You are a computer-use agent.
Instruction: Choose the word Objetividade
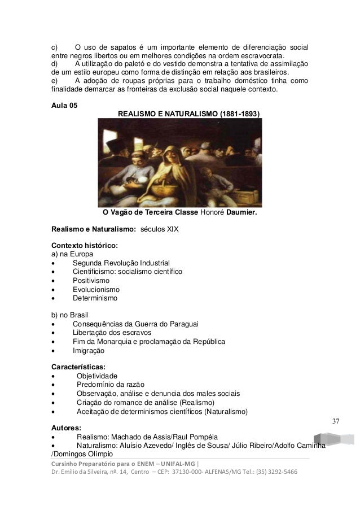98,376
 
